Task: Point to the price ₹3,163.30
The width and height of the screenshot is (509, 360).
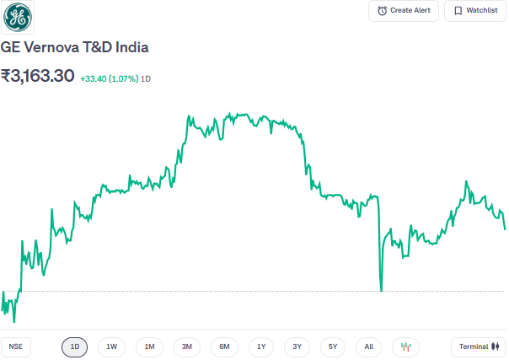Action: [x=37, y=77]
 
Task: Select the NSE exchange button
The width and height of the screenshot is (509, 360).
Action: [x=14, y=347]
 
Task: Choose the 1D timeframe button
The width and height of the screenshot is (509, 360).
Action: [x=74, y=347]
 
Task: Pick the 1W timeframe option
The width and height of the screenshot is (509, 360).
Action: [x=111, y=347]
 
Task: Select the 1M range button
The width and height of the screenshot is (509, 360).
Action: [x=149, y=347]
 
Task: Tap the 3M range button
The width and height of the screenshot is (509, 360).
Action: [x=187, y=347]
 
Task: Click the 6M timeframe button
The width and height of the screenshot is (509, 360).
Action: [x=224, y=347]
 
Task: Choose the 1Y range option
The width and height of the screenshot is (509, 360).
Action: [x=261, y=347]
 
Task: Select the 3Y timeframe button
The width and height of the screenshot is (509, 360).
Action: [x=297, y=347]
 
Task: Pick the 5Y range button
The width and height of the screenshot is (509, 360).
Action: [x=333, y=347]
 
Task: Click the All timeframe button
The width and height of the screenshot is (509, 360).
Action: [x=369, y=347]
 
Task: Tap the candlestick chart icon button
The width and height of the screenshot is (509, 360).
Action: [x=405, y=347]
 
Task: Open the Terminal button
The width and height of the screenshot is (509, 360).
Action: [x=478, y=347]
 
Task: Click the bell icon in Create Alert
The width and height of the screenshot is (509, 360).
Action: [x=383, y=11]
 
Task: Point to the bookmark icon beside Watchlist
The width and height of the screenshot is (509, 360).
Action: [x=458, y=11]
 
